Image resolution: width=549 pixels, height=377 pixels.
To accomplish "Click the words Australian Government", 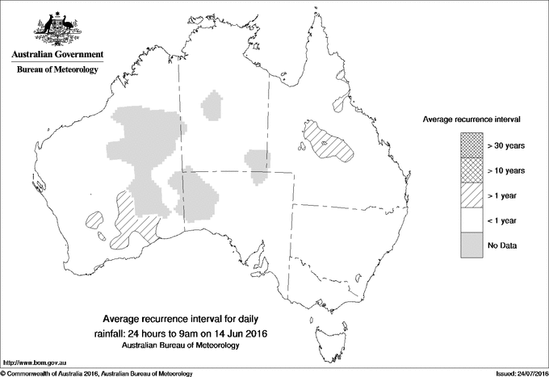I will point(57,55).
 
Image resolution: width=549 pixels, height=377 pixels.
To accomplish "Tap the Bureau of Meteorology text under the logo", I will point(57,70).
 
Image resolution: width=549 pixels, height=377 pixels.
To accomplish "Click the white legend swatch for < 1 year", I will point(472,220).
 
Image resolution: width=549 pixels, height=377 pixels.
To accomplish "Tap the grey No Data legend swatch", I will point(472,245).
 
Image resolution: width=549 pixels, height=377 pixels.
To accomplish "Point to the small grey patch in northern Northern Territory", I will point(214,105).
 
